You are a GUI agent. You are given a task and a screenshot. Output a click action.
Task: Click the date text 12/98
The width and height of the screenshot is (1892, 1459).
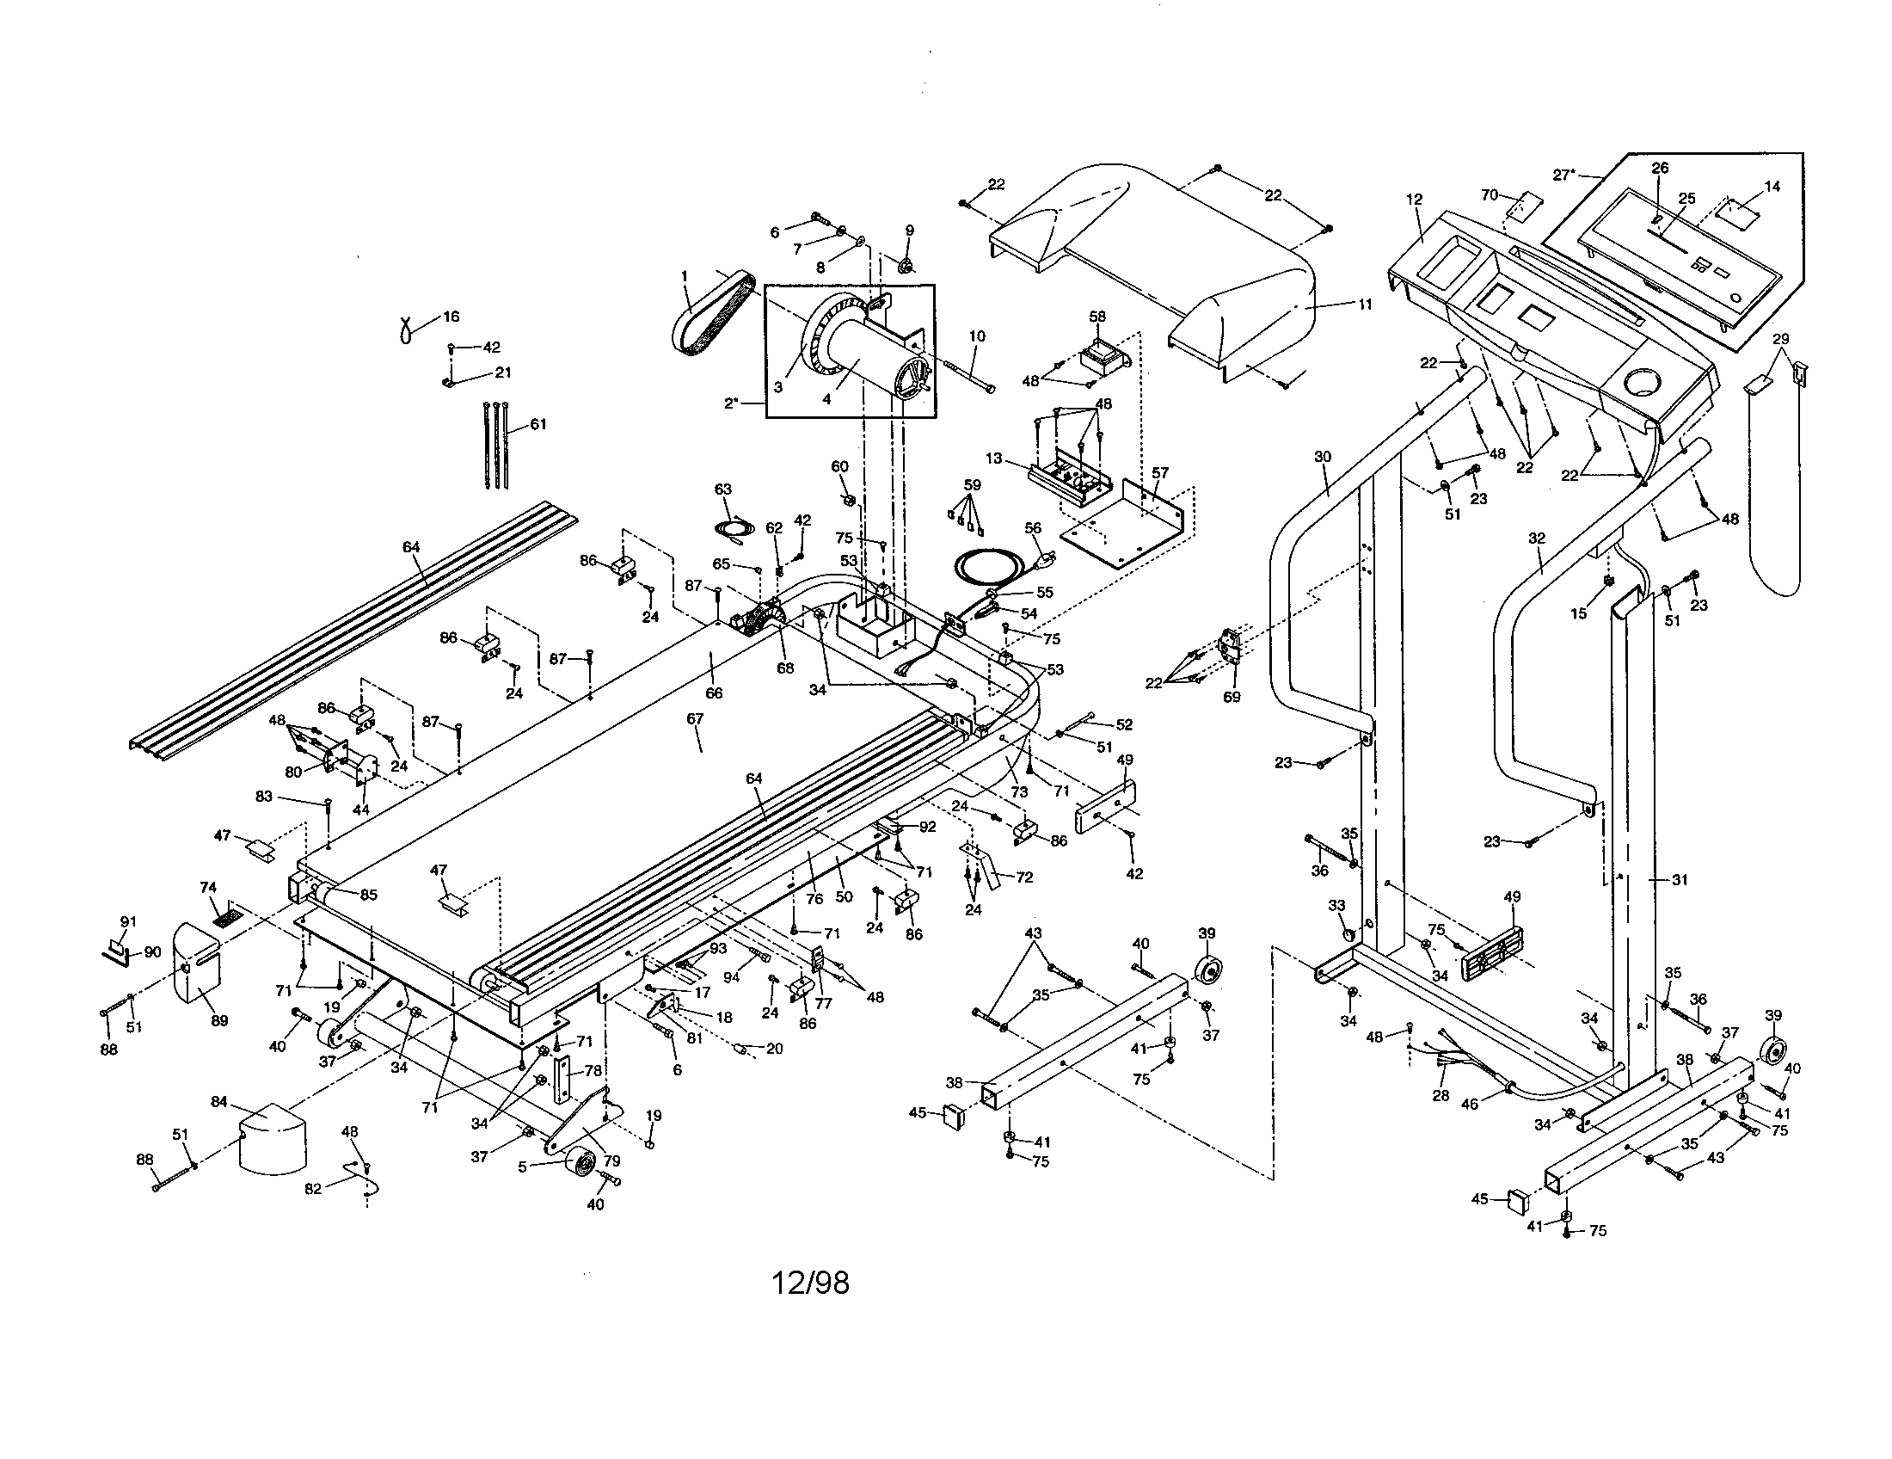[x=810, y=1283]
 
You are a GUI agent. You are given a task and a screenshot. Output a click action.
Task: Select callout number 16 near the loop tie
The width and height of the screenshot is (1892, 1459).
[x=451, y=317]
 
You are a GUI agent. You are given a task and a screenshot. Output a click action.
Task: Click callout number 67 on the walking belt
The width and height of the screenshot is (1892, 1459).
[x=694, y=719]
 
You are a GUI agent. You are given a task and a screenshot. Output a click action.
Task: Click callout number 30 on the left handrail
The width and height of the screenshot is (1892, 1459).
[x=1322, y=457]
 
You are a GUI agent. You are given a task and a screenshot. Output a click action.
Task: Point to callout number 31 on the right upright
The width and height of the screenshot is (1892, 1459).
[x=1680, y=879]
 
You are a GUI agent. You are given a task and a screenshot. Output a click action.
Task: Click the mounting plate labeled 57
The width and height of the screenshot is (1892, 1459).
[x=1127, y=520]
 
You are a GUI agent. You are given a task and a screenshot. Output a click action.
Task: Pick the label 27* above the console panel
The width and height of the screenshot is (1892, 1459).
[x=1563, y=175]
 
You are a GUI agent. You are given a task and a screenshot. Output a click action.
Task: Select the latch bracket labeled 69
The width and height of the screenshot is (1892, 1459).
[x=1230, y=667]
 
